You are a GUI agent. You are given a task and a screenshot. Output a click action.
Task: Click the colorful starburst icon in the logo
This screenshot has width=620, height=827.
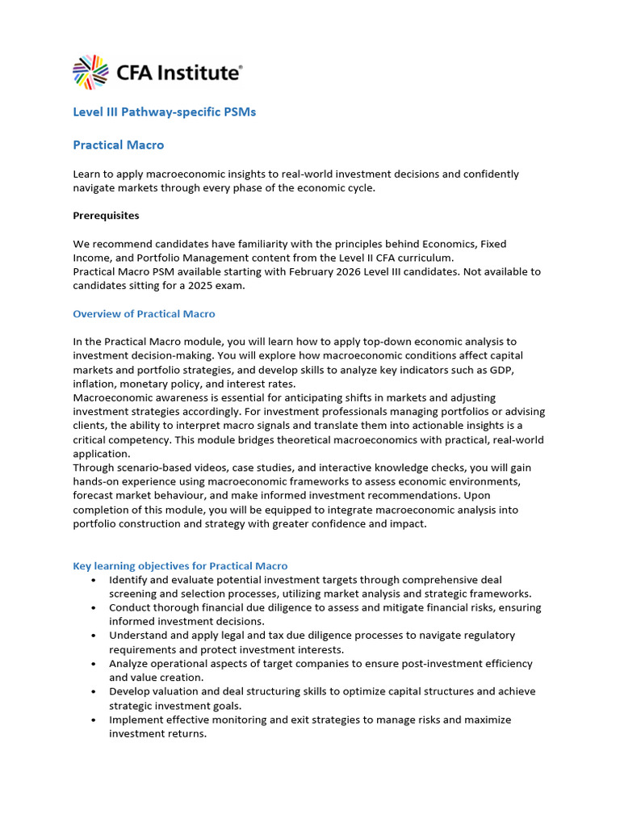pos(90,72)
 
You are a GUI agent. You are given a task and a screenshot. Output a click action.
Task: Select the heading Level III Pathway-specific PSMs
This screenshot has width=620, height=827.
pos(164,112)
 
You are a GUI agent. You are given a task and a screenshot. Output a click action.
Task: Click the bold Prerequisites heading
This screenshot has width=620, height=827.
pos(106,216)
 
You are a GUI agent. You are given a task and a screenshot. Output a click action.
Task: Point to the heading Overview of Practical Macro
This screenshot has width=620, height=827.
pos(144,313)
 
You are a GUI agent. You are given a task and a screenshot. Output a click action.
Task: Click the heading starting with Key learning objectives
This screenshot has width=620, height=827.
pos(180,566)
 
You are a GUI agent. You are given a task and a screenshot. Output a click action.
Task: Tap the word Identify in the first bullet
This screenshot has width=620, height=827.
pos(129,580)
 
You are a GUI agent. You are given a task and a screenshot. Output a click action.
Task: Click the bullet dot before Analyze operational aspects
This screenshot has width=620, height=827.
pos(95,664)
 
